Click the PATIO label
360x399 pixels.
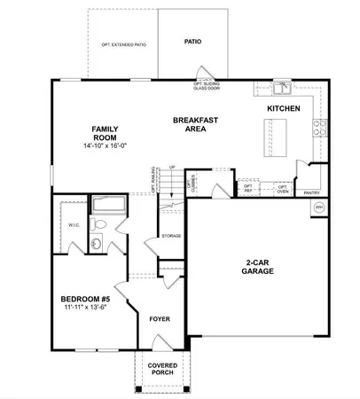pyautogui.click(x=192, y=42)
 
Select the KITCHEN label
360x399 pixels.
pyautogui.click(x=283, y=108)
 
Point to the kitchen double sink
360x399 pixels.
pyautogui.click(x=281, y=88)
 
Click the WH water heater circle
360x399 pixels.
pyautogui.click(x=318, y=207)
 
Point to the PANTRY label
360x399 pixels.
pyautogui.click(x=311, y=192)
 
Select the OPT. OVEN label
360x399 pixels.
pyautogui.click(x=282, y=189)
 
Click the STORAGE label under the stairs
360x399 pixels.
pyautogui.click(x=170, y=236)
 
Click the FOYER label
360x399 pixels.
pyautogui.click(x=160, y=317)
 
